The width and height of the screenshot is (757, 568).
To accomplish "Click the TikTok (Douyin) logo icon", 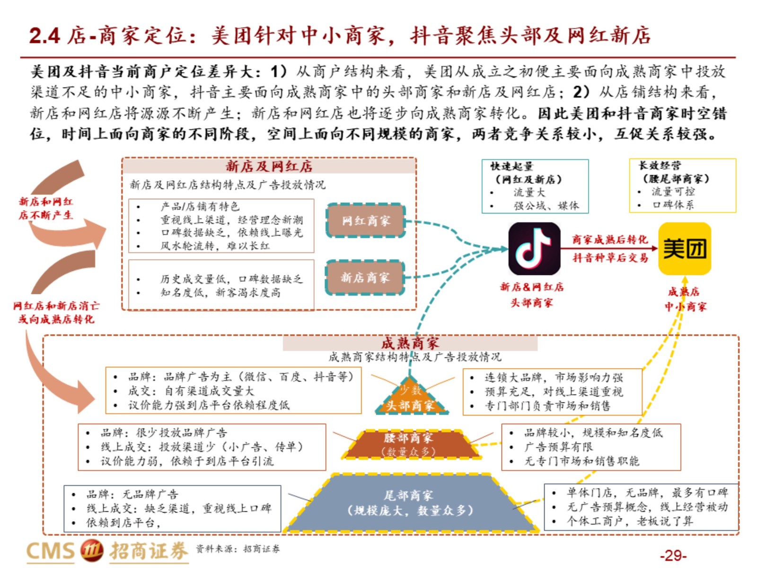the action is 534,248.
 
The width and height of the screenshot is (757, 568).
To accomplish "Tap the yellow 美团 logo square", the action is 685,248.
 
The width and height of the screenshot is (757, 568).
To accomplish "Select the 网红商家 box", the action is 366,221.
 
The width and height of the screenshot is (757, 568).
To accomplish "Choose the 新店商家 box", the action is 365,277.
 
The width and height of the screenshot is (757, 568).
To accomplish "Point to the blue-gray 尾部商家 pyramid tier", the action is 410,503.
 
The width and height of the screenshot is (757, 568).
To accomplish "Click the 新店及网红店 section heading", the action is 269,167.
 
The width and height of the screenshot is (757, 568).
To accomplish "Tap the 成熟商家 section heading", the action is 410,343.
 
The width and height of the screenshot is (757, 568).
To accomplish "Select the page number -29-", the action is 673,555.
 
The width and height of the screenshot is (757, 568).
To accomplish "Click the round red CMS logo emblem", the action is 92,550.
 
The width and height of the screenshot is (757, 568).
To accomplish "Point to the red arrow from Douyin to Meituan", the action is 609,248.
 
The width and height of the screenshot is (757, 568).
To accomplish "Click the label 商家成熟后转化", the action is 610,239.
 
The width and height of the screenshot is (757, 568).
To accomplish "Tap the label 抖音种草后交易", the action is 610,257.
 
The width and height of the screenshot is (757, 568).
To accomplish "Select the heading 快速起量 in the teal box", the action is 512,166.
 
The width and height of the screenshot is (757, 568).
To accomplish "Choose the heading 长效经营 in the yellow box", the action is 660,166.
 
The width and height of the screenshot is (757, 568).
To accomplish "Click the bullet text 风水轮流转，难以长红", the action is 215,246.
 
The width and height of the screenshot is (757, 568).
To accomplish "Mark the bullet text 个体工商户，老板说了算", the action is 630,521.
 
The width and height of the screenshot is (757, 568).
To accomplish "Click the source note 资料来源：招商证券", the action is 238,548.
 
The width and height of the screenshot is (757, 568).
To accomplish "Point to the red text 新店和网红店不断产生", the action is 46,208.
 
